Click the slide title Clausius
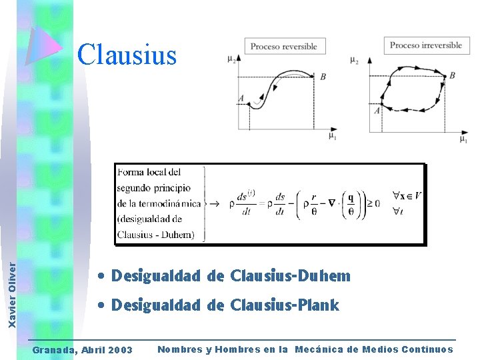[x=127, y=55]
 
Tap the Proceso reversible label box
[x=283, y=46]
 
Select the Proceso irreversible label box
[x=425, y=45]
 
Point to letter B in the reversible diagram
[x=323, y=77]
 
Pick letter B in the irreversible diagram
[x=452, y=76]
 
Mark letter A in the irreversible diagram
[x=377, y=111]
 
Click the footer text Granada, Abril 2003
[x=83, y=350]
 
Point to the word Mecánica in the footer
[x=325, y=349]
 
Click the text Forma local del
[x=149, y=173]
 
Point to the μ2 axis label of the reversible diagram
[x=231, y=59]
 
